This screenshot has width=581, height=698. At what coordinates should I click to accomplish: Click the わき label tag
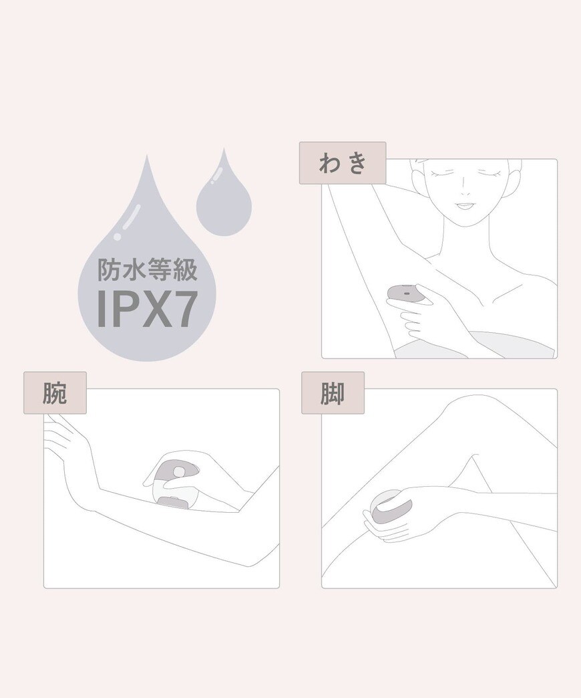pos(343,163)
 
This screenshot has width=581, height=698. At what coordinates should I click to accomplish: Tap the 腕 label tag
pos(55,393)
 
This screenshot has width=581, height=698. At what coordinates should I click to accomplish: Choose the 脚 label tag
pos(333,393)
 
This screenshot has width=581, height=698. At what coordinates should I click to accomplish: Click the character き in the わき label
pos(357,163)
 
